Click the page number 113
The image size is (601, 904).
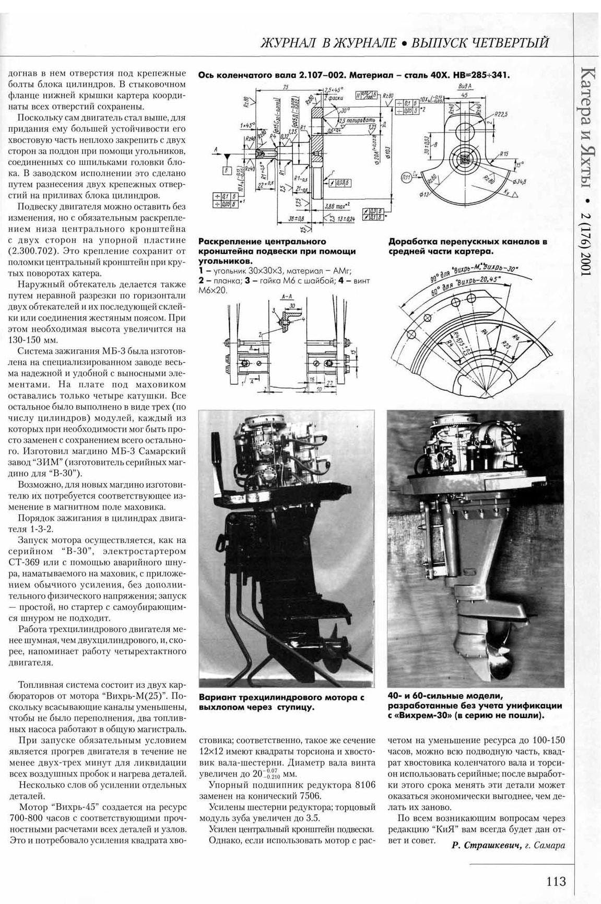click(x=556, y=881)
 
